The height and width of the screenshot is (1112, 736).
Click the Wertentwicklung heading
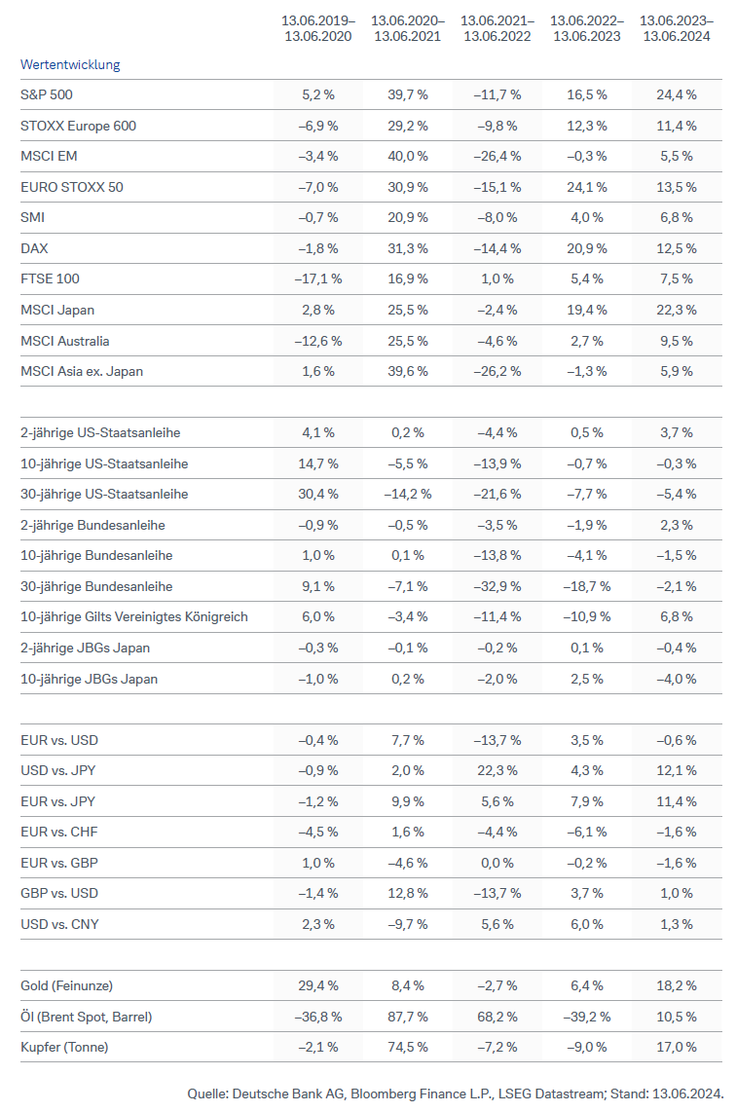coord(70,64)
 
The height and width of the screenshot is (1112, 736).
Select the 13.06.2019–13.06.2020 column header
coord(318,27)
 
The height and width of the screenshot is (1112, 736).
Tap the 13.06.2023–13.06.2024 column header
coord(677,27)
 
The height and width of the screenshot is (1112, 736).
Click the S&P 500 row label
coord(47,94)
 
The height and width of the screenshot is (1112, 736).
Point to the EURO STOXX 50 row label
coord(72,187)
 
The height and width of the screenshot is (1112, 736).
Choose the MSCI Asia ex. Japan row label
coord(89,371)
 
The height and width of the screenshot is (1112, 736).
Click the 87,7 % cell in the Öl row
coord(408,1017)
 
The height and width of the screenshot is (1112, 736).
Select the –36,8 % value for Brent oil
coord(318,1017)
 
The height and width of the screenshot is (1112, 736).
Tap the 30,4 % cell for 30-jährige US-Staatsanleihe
coord(318,494)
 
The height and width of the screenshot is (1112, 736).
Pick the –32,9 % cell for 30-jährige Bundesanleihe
coord(497,586)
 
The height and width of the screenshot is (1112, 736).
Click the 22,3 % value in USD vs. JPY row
coord(497,770)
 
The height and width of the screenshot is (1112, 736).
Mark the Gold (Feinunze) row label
coord(73,985)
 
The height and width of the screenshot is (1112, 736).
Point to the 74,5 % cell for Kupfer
coord(408,1047)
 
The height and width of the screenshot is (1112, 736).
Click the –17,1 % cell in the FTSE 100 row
coord(318,278)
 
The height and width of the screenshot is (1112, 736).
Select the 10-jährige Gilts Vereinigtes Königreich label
coord(134,616)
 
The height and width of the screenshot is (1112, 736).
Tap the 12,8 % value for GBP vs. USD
coord(408,893)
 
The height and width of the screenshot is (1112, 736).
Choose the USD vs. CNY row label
coord(59,924)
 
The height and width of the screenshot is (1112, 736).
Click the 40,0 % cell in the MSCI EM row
coord(408,156)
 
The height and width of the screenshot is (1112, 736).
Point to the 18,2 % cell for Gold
coord(677,985)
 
